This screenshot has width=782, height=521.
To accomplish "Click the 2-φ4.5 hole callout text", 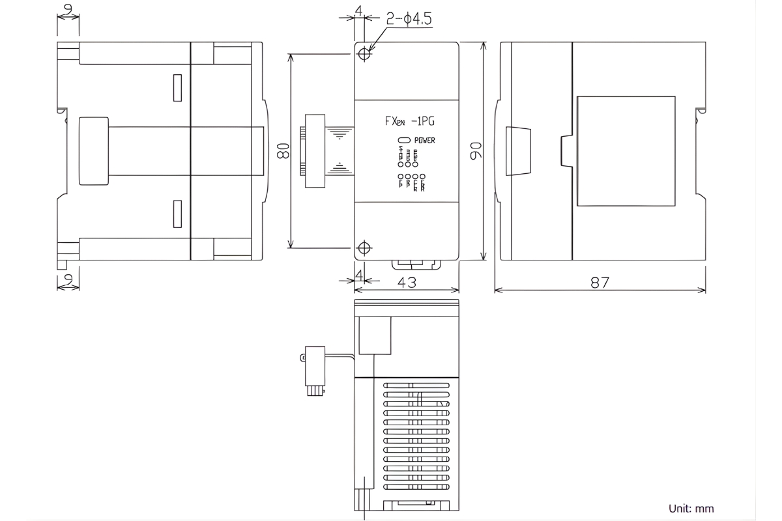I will tap(409, 20).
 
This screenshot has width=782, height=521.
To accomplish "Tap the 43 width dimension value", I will tap(408, 282).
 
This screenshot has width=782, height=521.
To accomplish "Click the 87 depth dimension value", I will tap(600, 282).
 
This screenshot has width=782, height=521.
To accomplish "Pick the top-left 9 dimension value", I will tap(68, 10).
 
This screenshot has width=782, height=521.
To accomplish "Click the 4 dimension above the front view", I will tap(359, 10).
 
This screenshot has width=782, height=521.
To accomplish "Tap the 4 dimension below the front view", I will tap(359, 276).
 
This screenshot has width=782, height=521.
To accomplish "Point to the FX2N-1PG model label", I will tap(407, 122).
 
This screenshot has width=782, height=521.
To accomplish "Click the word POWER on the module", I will tap(424, 141).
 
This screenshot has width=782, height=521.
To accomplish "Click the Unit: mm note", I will tap(691, 508).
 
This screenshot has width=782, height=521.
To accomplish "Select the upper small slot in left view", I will tap(177, 88).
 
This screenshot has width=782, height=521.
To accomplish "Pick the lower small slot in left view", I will tap(177, 214).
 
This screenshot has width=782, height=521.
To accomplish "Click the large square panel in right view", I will tap(626, 150).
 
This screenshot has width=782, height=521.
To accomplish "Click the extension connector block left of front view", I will tap(315, 151).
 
